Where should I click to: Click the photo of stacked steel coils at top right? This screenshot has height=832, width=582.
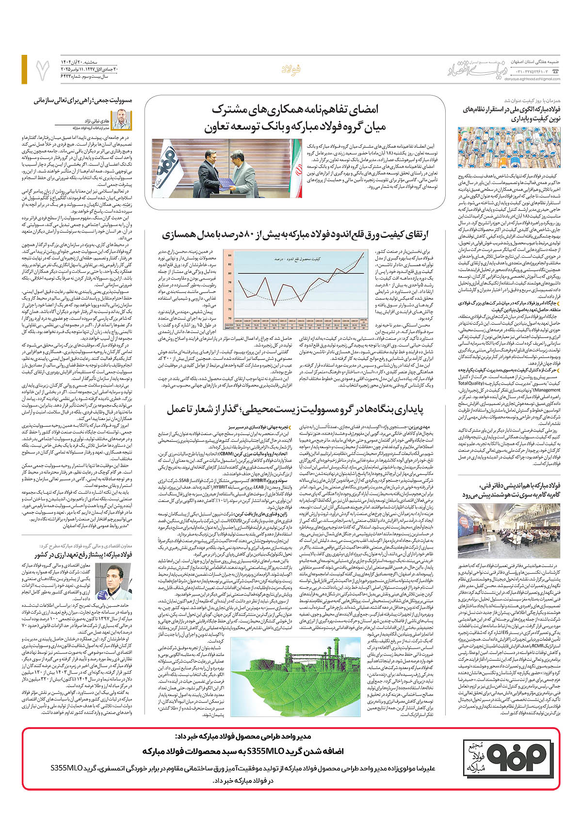click(509, 148)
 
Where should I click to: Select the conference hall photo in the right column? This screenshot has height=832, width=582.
click(509, 532)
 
